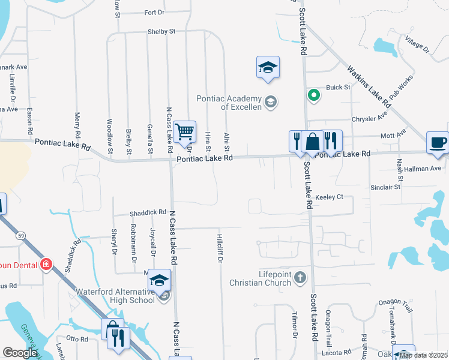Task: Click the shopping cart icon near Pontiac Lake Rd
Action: tap(185, 131)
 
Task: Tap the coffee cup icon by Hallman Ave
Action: tap(437, 143)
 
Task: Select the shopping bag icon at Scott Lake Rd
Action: tap(312, 142)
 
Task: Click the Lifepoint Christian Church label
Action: tap(262, 278)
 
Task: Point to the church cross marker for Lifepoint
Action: tap(301, 278)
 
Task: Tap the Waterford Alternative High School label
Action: tap(116, 296)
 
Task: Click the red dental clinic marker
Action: tap(46, 265)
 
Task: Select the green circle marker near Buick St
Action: tap(313, 95)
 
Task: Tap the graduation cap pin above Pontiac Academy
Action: tap(268, 67)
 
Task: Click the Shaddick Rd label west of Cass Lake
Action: tap(148, 212)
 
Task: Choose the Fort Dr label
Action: tap(154, 13)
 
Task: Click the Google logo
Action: tap(20, 353)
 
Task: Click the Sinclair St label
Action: tap(385, 187)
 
